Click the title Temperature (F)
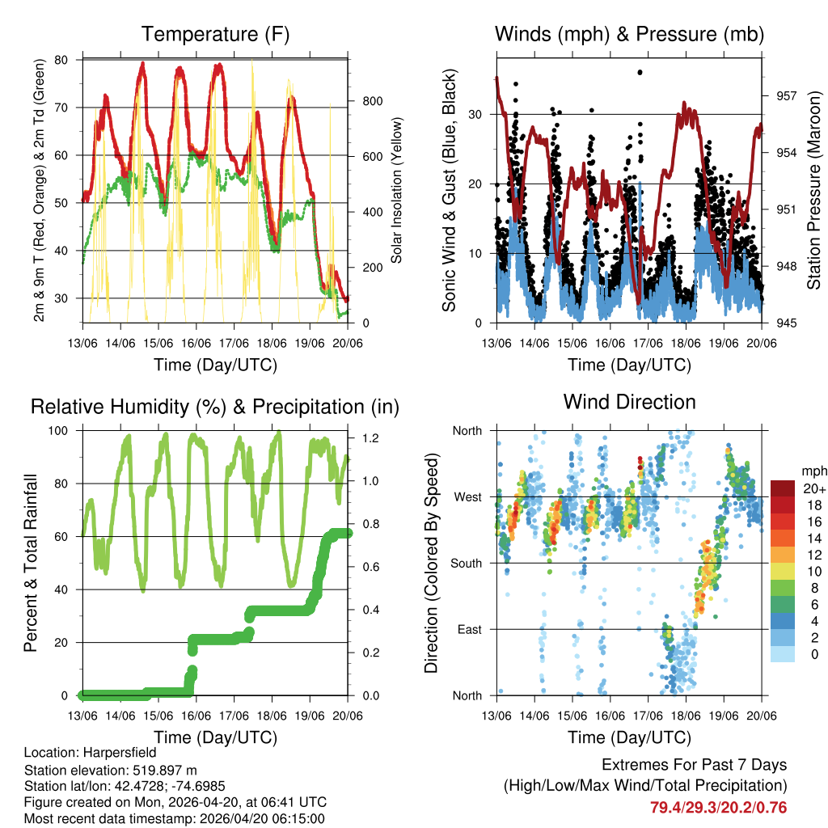(215, 34)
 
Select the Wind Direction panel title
(629, 401)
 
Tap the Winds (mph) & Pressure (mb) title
(629, 34)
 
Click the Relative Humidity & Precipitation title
(215, 407)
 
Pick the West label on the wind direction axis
(467, 496)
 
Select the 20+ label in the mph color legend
(813, 488)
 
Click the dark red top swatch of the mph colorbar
(783, 488)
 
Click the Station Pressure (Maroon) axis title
(813, 190)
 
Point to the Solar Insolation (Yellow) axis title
(397, 190)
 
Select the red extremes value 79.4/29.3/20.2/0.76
(718, 807)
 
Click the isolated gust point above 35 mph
(640, 72)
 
